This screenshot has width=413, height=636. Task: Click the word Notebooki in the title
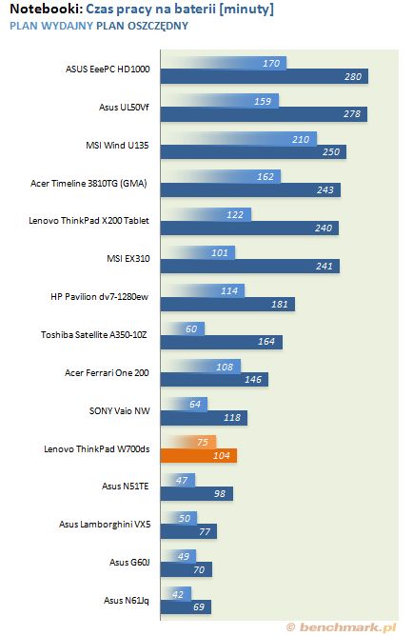47,9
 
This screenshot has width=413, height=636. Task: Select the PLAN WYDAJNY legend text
51,26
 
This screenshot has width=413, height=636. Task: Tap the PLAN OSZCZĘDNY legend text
142,26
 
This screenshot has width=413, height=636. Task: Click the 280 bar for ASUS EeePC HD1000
265,77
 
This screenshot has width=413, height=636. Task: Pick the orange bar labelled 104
199,455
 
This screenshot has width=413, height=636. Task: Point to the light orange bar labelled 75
188,442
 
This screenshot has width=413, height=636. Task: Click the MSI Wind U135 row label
117,146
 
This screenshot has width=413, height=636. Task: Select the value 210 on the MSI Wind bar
301,140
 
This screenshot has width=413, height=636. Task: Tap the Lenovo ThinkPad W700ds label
96,449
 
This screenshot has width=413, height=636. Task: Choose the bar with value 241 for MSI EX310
250,266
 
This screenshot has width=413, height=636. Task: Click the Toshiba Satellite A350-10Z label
93,334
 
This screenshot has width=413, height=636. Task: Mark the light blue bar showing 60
183,329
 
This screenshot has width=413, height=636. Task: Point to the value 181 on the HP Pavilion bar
279,305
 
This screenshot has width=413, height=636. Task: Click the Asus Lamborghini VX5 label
105,525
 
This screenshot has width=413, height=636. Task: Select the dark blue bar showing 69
186,607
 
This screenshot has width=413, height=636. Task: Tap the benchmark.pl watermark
341,627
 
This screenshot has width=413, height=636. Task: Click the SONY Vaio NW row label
120,411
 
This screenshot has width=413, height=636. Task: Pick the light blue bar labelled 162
221,177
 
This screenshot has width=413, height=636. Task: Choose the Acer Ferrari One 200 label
107,373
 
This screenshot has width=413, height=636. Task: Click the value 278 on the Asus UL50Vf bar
352,114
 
